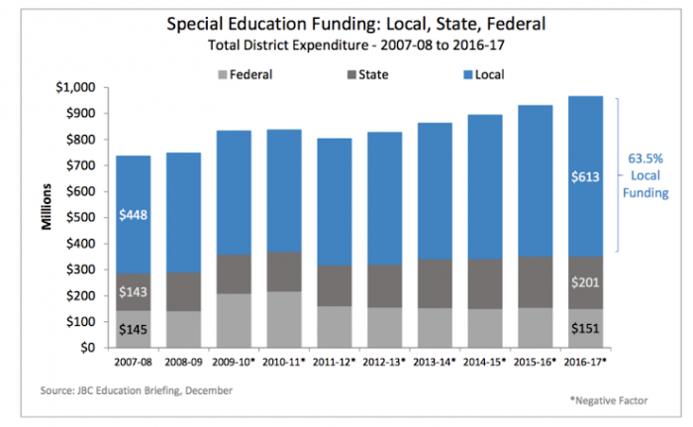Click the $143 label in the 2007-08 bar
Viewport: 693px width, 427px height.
pyautogui.click(x=134, y=291)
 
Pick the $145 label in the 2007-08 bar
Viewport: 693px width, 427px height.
pyautogui.click(x=134, y=329)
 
